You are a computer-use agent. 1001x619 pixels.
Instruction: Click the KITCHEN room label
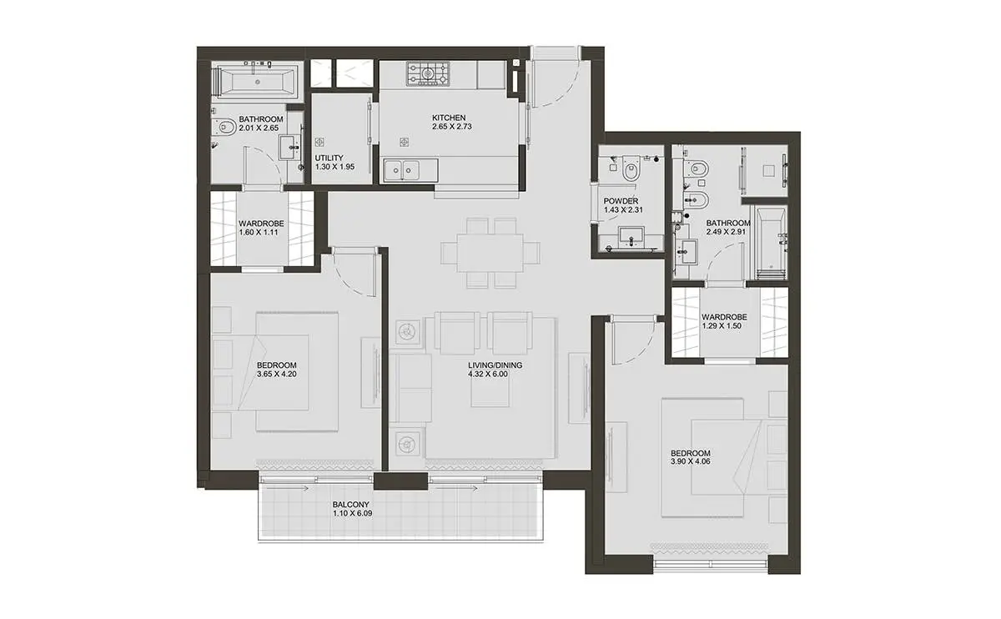pos(449,118)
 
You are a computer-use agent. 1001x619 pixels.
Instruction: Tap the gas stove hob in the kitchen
pos(428,73)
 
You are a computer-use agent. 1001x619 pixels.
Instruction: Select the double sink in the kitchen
pos(401,170)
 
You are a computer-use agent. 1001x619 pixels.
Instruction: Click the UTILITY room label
pos(329,158)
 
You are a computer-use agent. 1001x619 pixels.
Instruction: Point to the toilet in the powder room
pos(631,167)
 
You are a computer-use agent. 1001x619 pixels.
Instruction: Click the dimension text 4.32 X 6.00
pos(488,374)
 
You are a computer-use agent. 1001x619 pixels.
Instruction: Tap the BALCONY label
pos(351,505)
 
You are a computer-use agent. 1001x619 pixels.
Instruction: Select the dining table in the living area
pos(490,253)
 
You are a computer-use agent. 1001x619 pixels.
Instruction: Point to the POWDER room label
pos(621,201)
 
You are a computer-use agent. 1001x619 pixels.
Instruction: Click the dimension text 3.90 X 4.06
pos(691,461)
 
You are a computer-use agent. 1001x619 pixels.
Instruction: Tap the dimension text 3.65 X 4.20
pos(277,374)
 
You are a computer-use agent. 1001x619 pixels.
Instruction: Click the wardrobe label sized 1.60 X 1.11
pos(261,228)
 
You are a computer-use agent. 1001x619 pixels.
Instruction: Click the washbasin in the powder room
pos(631,236)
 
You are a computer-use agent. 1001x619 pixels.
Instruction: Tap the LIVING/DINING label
pos(495,365)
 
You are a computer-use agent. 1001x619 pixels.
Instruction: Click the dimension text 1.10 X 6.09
pos(352,514)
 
